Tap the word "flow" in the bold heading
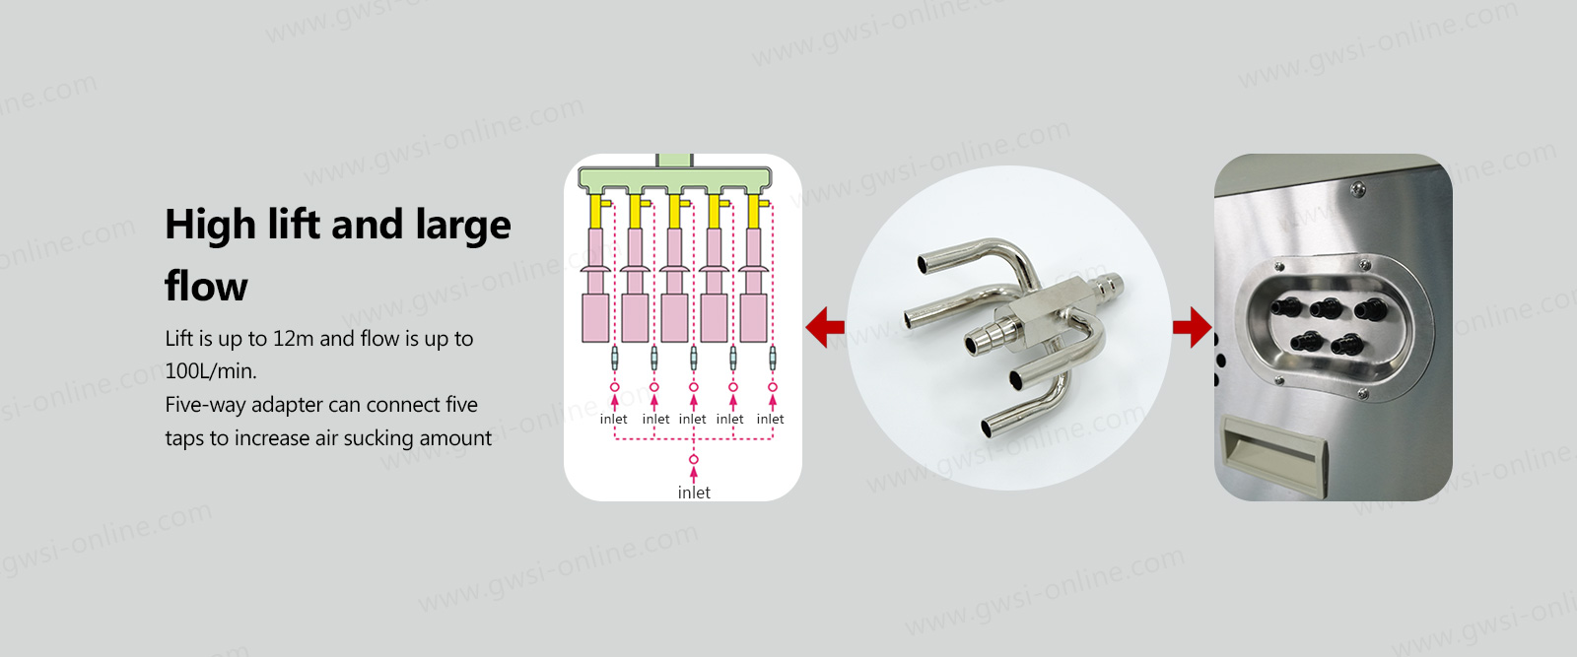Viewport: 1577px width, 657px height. (206, 287)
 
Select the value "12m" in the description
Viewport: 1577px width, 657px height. (293, 338)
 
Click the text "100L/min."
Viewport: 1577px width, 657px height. (211, 371)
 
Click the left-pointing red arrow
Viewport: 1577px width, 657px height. (825, 327)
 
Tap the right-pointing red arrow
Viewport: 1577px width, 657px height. (1192, 327)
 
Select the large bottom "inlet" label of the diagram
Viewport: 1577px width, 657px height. (694, 493)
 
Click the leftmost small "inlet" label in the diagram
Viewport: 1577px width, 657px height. (613, 420)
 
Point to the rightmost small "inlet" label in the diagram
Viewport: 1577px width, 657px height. (770, 420)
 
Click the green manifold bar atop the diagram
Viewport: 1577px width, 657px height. (674, 178)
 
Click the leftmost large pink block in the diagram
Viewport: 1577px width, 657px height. (595, 318)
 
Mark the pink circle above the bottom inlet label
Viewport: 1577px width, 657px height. (694, 459)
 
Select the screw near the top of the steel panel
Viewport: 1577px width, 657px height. (1358, 188)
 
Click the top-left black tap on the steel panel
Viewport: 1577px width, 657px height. (1285, 306)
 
